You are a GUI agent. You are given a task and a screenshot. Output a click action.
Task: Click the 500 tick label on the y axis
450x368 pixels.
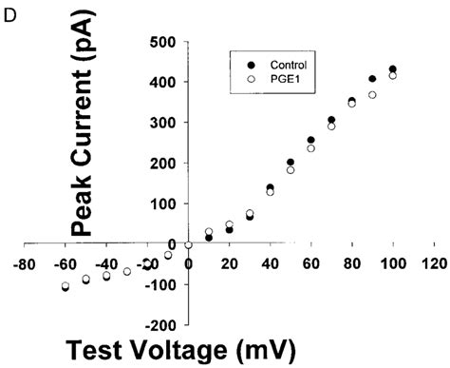(x=164, y=42)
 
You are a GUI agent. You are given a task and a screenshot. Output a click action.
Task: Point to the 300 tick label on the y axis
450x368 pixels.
(x=164, y=123)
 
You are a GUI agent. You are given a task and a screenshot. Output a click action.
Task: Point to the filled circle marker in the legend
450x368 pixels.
(x=240, y=63)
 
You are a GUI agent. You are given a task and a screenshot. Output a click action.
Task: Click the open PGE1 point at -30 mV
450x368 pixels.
(x=127, y=272)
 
